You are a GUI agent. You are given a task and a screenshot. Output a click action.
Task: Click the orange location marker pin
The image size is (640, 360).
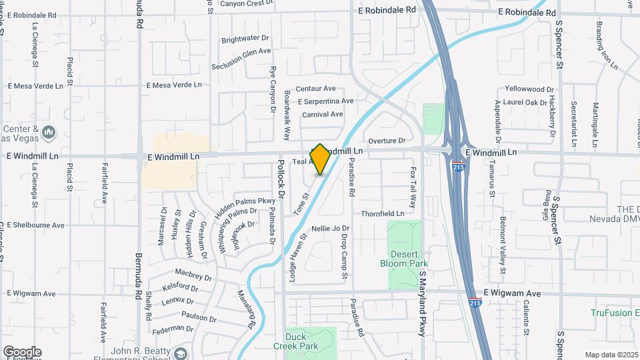click(x=320, y=159)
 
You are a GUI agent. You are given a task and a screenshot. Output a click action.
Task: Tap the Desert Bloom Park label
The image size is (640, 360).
click(x=404, y=258)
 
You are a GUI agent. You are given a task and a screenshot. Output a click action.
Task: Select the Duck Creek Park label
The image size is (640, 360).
click(x=295, y=341)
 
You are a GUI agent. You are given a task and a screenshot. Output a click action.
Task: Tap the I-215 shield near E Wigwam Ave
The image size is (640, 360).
click(x=475, y=303)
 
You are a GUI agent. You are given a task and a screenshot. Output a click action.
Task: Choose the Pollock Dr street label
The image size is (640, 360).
click(x=281, y=179)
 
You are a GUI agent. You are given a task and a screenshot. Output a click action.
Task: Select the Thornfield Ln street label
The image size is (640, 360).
click(x=383, y=213)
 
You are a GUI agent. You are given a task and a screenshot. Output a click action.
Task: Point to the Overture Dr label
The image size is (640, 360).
click(x=387, y=141)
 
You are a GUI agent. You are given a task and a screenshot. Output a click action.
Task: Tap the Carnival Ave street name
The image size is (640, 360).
click(x=322, y=114)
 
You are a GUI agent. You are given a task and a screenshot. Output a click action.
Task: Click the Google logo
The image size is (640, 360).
click(x=22, y=352)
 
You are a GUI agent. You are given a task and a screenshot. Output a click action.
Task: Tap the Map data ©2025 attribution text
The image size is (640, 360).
click(x=611, y=355)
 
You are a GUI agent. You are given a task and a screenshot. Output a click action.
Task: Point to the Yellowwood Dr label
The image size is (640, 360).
click(x=529, y=89)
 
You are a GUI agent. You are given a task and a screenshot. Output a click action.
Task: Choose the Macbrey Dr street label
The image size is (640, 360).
click(x=193, y=274)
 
